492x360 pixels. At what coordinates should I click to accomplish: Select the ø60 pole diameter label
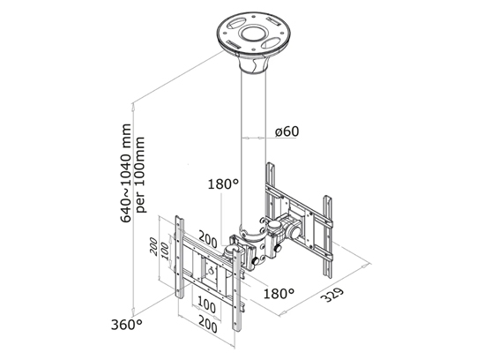tap(288, 131)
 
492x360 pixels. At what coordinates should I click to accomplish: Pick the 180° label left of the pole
tap(223, 185)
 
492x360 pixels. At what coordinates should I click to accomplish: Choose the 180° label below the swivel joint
tap(278, 292)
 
